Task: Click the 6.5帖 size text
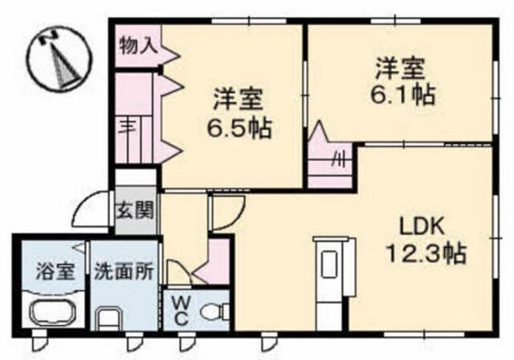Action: click(x=239, y=128)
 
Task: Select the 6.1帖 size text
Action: click(x=402, y=94)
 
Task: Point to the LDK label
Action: click(x=421, y=225)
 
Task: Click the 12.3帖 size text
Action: click(x=426, y=253)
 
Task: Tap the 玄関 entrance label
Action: click(x=136, y=210)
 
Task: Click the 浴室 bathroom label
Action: click(x=55, y=271)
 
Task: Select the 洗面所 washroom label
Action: click(x=124, y=271)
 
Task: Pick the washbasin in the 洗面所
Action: click(x=109, y=319)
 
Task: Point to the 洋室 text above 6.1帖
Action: click(x=400, y=69)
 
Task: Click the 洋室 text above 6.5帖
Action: click(x=238, y=100)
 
